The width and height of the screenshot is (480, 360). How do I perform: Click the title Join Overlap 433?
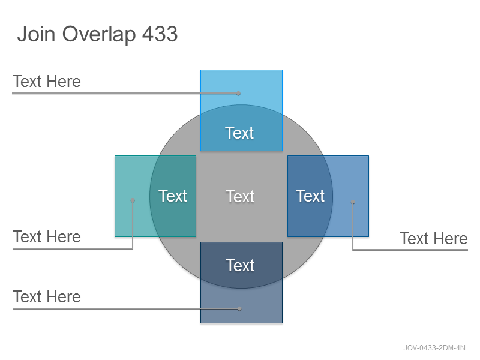[x=97, y=34]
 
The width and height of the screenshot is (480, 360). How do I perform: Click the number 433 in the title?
[x=160, y=34]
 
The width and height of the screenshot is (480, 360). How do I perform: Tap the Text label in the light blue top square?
[x=239, y=133]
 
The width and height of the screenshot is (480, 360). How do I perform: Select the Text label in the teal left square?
[x=173, y=196]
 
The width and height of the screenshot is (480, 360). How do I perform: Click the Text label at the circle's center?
[x=240, y=197]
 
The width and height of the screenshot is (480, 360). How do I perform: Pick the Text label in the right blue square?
[x=310, y=196]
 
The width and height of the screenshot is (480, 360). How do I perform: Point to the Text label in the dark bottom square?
[x=240, y=265]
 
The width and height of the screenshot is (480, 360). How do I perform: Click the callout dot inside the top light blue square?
[x=238, y=94]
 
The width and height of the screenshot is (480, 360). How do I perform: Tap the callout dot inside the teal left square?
[x=133, y=200]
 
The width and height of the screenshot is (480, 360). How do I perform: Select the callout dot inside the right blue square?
[x=353, y=202]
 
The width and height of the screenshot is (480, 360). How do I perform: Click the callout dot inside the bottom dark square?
[x=239, y=308]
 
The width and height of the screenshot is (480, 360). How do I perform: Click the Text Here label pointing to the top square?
[x=47, y=82]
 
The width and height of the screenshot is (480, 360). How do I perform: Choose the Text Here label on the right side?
[x=433, y=238]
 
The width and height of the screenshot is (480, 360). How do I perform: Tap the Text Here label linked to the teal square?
[x=47, y=237]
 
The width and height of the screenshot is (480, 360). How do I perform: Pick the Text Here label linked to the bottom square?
[x=47, y=296]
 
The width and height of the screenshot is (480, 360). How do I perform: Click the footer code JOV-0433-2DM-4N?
[x=434, y=348]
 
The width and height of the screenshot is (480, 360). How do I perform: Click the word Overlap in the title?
[x=99, y=34]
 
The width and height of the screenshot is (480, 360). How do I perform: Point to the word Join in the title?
[x=36, y=34]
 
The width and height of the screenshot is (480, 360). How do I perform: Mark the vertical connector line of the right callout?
[x=353, y=226]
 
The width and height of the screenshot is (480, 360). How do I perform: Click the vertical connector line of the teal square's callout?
[x=133, y=224]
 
